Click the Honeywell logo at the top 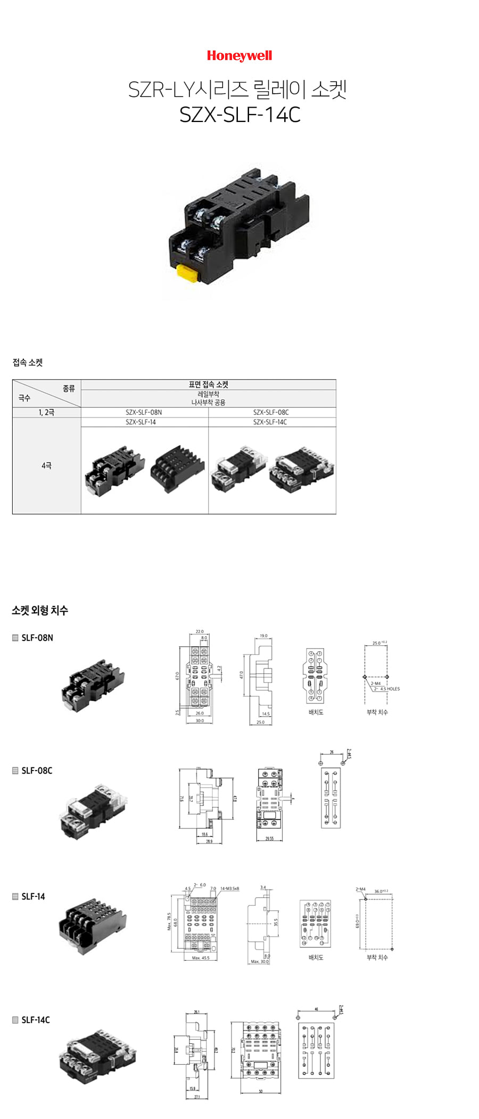point(240,55)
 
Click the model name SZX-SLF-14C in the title point(240,115)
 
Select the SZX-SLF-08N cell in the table point(144,412)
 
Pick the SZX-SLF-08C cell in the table point(271,412)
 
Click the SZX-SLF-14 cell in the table point(141,422)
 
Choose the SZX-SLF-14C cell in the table point(270,422)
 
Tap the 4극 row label point(46,466)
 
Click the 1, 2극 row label point(46,412)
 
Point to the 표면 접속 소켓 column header point(208,384)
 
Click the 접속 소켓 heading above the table point(28,362)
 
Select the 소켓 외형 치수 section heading point(40,611)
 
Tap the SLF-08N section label point(37,638)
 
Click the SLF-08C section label point(37,771)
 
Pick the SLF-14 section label point(33,896)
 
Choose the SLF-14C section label point(36,1020)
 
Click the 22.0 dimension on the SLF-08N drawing point(200,632)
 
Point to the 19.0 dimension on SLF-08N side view point(263,636)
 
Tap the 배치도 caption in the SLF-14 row point(316,958)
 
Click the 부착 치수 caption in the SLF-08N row point(377,712)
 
